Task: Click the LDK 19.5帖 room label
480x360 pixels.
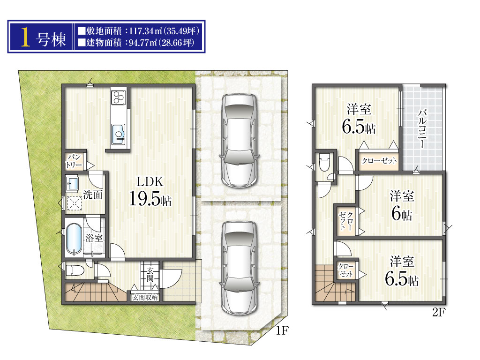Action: click(150, 191)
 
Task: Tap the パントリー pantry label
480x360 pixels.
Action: click(74, 161)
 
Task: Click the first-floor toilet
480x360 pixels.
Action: click(75, 270)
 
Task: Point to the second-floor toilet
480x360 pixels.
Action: click(324, 162)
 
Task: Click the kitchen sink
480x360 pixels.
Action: click(118, 134)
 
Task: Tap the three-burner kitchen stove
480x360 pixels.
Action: click(119, 97)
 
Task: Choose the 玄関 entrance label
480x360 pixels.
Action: click(150, 274)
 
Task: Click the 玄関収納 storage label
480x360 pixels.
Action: click(145, 297)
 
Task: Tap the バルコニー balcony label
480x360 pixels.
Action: click(422, 128)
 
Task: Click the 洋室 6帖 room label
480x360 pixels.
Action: click(402, 205)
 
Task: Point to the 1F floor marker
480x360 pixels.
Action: click(282, 330)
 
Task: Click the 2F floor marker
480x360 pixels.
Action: click(439, 312)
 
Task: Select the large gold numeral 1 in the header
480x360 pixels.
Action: click(26, 37)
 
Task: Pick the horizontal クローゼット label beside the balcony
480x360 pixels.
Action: click(379, 160)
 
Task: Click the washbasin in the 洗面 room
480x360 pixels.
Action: click(73, 184)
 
